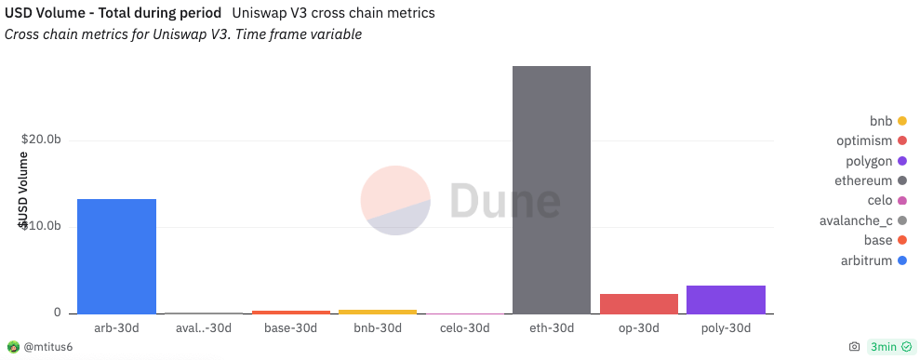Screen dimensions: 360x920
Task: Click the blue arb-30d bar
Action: [116, 256]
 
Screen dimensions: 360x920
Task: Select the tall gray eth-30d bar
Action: [552, 190]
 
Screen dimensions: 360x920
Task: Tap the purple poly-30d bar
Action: [726, 300]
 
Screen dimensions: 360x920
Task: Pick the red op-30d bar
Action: [639, 303]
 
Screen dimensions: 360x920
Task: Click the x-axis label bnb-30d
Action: [378, 328]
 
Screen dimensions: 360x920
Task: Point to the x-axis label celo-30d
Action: [464, 328]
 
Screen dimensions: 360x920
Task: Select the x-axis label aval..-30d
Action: [204, 328]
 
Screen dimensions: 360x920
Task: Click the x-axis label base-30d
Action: [290, 328]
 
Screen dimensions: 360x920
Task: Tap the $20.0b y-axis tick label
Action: [41, 140]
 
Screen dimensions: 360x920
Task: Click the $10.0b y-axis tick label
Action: [41, 226]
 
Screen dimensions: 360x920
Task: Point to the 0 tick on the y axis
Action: [57, 313]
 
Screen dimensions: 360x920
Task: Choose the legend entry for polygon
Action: [865, 161]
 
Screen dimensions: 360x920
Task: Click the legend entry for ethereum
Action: [862, 180]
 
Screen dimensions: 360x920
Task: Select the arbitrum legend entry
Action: [865, 260]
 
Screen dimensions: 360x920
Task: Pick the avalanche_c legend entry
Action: [857, 220]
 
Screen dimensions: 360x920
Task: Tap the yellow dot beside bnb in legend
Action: [901, 122]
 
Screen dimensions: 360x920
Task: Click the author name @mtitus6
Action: [47, 347]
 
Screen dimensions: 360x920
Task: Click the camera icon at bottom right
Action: [854, 347]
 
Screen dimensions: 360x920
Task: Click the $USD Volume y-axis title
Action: [23, 190]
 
